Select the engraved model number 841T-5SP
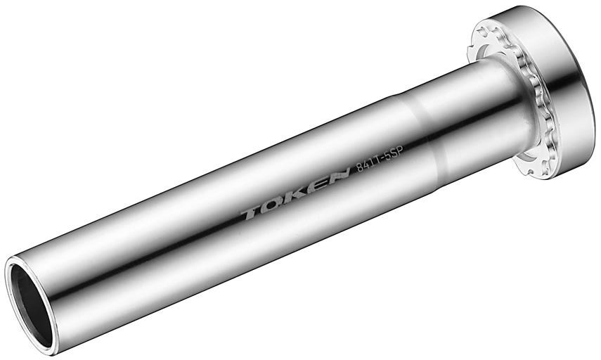[382, 165]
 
